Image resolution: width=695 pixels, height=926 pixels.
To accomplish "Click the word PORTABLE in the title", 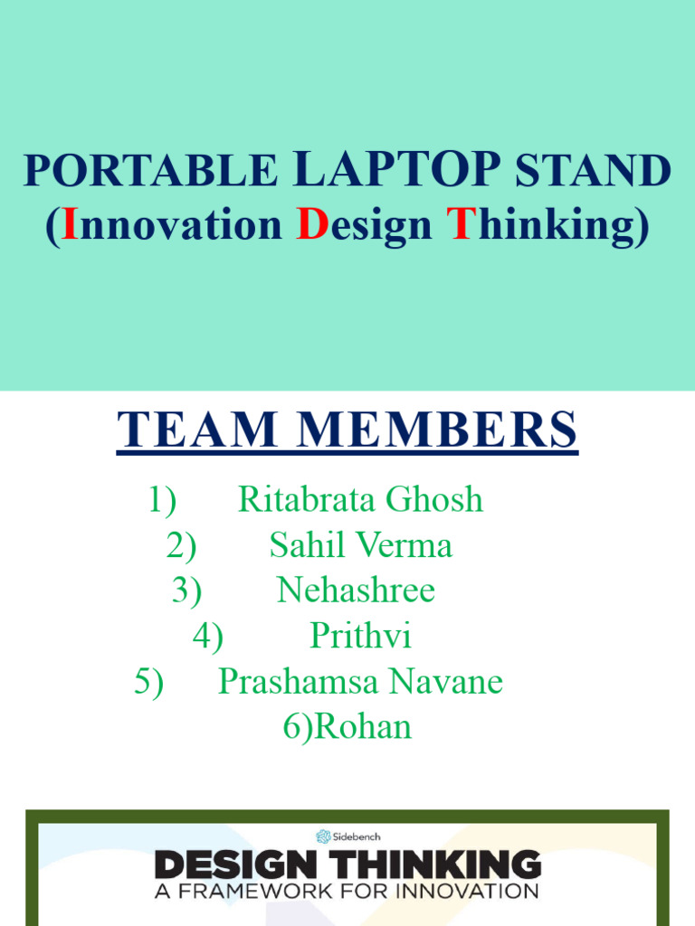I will [x=150, y=171].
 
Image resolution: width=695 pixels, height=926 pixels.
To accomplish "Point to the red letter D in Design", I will [x=311, y=225].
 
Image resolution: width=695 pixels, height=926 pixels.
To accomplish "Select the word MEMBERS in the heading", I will [x=441, y=430].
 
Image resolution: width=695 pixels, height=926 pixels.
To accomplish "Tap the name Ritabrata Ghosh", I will [x=360, y=499].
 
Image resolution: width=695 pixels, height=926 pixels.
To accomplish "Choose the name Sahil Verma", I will [x=360, y=545].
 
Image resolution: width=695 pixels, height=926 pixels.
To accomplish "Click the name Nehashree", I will [x=356, y=591].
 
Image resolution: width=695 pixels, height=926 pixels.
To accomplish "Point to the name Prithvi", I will [x=360, y=637].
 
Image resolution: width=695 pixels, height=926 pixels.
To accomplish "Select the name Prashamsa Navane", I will [x=360, y=682].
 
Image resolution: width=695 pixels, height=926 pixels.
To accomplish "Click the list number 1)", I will [x=162, y=499].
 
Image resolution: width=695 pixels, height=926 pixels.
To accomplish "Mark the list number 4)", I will [x=207, y=637].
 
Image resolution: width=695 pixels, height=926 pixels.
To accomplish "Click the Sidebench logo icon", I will [x=323, y=836].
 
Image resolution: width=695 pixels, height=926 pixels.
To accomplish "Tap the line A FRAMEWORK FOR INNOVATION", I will [x=347, y=891].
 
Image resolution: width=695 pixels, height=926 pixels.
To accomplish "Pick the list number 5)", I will [x=149, y=682].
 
